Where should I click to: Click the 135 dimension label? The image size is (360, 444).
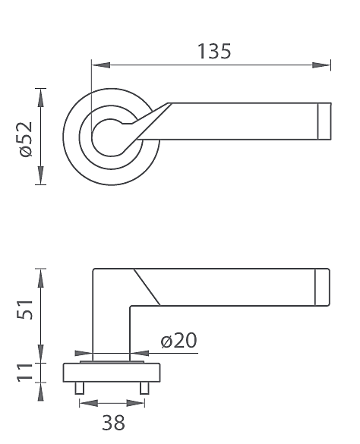[x=214, y=52]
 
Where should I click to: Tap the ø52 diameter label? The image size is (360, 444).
[x=26, y=139]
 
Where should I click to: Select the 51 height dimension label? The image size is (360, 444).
[x=25, y=309]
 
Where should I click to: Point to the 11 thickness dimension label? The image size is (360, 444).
[x=24, y=372]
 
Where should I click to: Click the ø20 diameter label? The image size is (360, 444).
[x=178, y=340]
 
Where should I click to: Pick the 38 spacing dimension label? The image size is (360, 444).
[x=113, y=423]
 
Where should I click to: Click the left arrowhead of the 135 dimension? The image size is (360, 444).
[x=101, y=65]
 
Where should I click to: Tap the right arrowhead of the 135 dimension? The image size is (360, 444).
[x=321, y=65]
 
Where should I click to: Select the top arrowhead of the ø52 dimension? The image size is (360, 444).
[x=41, y=98]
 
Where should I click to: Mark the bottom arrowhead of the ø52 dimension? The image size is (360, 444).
[x=41, y=175]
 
